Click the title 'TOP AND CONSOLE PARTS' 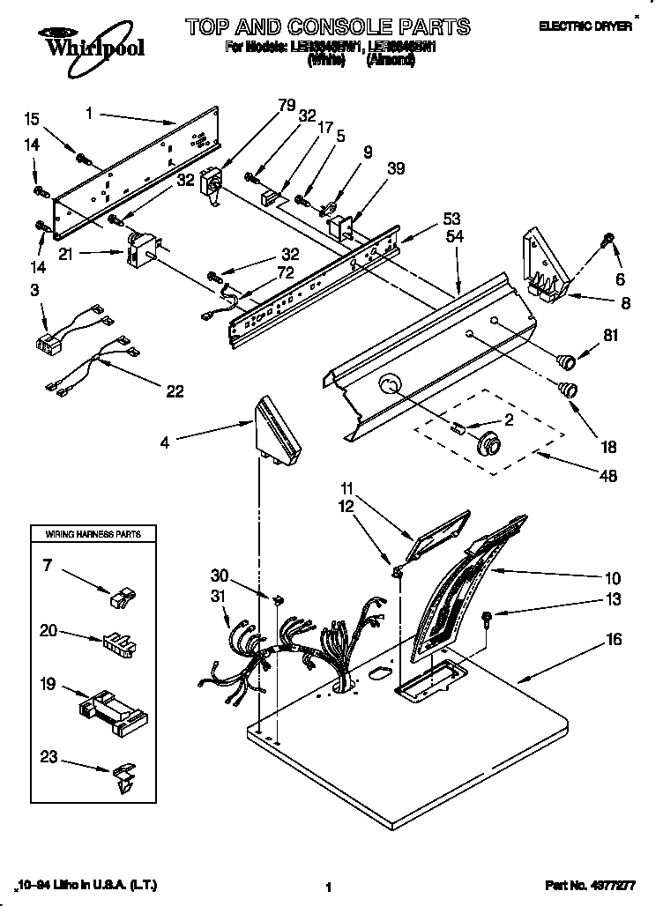[x=327, y=26]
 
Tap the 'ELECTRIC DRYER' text [x=596, y=26]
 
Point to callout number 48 [x=607, y=476]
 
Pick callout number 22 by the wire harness [x=175, y=390]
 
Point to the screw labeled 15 [x=84, y=160]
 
